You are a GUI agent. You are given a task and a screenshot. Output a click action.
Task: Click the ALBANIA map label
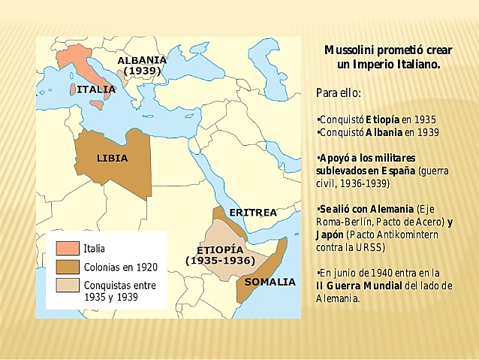point(142,59)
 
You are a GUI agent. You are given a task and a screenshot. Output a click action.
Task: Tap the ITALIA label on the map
point(96,89)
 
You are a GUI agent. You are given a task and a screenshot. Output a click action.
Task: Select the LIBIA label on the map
point(112,158)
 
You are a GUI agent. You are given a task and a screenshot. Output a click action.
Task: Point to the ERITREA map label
point(252,213)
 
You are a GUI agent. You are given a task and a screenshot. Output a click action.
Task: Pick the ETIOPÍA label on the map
point(220,249)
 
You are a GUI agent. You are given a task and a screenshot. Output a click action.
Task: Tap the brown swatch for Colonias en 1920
point(67,267)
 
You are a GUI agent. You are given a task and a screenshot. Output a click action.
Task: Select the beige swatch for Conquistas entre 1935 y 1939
point(67,286)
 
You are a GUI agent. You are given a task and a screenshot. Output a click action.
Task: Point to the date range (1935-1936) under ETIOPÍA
point(220,261)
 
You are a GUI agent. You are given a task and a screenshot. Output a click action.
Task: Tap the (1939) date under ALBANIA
point(142,70)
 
